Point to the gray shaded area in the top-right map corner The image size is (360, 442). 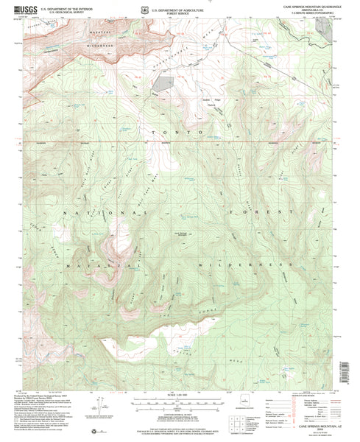pyautogui.click(x=327, y=29)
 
